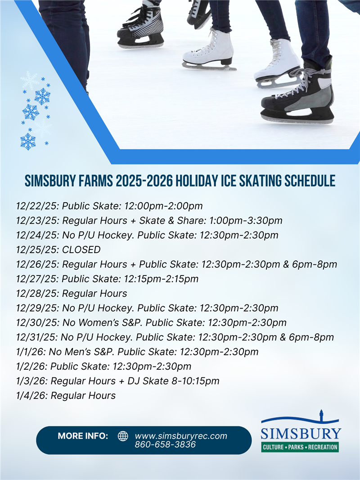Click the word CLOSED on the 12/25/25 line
tap(81, 250)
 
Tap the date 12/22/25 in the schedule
tap(37, 206)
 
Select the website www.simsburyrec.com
tap(181, 436)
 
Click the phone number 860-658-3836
tap(165, 444)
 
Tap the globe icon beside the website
tap(123, 436)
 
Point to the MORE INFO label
tap(83, 436)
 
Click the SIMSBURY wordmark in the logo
tap(301, 434)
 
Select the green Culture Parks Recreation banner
tap(300, 447)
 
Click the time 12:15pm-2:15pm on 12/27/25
tap(161, 279)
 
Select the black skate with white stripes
tap(141, 26)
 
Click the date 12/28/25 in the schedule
tap(37, 294)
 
